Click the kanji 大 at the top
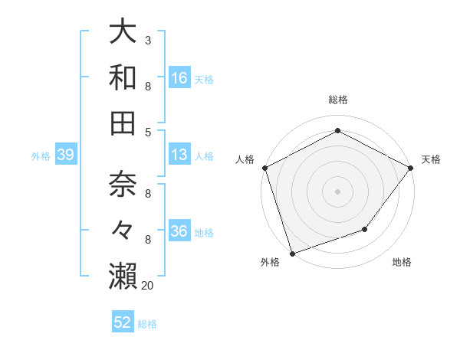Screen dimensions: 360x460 pyautogui.click(x=123, y=32)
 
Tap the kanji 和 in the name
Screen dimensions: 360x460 pyautogui.click(x=123, y=77)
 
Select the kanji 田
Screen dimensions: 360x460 pyautogui.click(x=123, y=123)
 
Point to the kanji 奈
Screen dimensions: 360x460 pyautogui.click(x=123, y=185)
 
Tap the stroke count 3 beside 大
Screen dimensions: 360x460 pyautogui.click(x=147, y=41)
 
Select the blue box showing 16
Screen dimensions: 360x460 pyautogui.click(x=179, y=78)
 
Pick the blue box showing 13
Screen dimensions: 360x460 pyautogui.click(x=179, y=155)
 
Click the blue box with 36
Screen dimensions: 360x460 pyautogui.click(x=179, y=231)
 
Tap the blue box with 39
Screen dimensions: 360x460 pyautogui.click(x=65, y=155)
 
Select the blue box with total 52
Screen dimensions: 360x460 pyautogui.click(x=123, y=322)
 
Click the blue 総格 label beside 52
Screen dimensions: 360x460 pyautogui.click(x=147, y=324)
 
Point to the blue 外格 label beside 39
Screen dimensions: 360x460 pyautogui.click(x=41, y=156)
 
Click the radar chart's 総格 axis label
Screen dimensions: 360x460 pyautogui.click(x=337, y=100)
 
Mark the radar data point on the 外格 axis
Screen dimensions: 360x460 pyautogui.click(x=292, y=254)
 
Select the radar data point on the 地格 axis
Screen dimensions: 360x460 pyautogui.click(x=366, y=229)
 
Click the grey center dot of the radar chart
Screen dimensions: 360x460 pyautogui.click(x=337, y=191)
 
